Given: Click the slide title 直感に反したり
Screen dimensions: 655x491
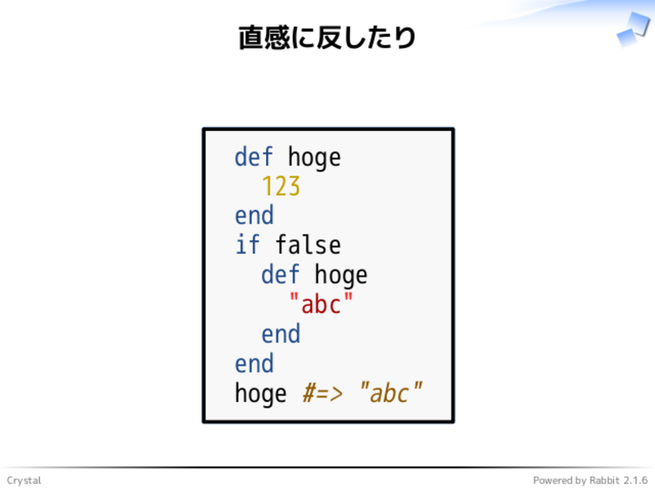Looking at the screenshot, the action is [x=327, y=38].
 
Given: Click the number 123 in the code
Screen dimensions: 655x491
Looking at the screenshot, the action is [x=281, y=186].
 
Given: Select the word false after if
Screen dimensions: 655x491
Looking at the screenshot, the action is [x=308, y=244].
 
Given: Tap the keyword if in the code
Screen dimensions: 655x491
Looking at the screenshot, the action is [x=247, y=244].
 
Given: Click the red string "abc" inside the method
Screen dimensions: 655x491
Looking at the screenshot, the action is [x=321, y=303].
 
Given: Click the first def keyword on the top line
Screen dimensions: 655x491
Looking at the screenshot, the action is [x=254, y=157].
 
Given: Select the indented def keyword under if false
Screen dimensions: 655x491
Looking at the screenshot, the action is [x=281, y=274].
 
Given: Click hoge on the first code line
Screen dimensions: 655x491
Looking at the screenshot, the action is [x=314, y=158].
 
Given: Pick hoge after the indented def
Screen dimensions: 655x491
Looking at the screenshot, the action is [x=341, y=276].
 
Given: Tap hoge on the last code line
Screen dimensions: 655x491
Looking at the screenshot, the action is [x=261, y=394].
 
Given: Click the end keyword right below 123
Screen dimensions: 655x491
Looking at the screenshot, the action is [x=254, y=215].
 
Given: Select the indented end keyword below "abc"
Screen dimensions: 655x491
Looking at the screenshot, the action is [x=281, y=333].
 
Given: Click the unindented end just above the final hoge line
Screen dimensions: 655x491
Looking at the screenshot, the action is [x=254, y=363].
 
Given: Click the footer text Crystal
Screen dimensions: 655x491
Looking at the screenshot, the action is [x=24, y=480].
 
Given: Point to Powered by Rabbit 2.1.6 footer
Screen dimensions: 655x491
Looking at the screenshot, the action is [x=590, y=480].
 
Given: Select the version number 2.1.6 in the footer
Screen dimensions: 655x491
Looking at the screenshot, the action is [x=636, y=480].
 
